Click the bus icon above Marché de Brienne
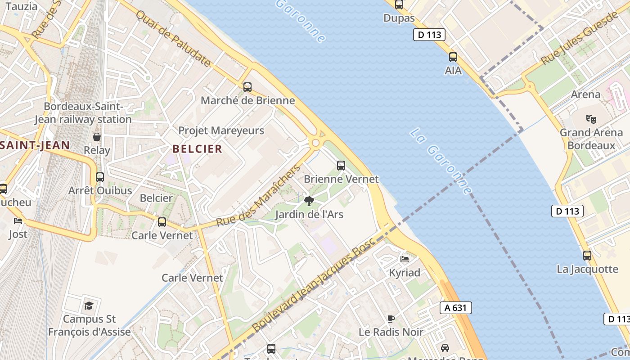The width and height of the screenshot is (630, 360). coord(247,87)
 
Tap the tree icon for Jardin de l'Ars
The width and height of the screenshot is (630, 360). coord(309,201)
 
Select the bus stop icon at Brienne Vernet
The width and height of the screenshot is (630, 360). coord(341,166)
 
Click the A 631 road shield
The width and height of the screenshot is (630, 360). coord(456,308)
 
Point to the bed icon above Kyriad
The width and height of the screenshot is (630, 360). coord(405,259)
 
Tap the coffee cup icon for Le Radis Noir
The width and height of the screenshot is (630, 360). coord(391,319)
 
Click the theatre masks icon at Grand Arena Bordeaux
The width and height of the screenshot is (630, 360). coord(591,119)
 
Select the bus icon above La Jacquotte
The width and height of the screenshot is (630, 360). coord(587,256)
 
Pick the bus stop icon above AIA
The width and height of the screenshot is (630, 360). coord(453,57)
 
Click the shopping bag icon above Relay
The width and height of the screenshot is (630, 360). coord(97,137)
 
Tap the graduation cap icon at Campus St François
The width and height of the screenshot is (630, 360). coord(89,306)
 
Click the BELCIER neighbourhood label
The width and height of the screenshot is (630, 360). coord(197,149)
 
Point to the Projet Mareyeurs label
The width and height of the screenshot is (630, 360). coord(221,131)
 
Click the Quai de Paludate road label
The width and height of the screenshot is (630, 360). coord(173,39)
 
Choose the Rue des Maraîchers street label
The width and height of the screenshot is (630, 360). coord(258,196)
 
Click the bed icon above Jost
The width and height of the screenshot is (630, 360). coord(18,221)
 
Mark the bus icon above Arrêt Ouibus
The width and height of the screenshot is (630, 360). coord(100,177)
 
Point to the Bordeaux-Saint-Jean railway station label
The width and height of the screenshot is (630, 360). coord(83,113)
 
